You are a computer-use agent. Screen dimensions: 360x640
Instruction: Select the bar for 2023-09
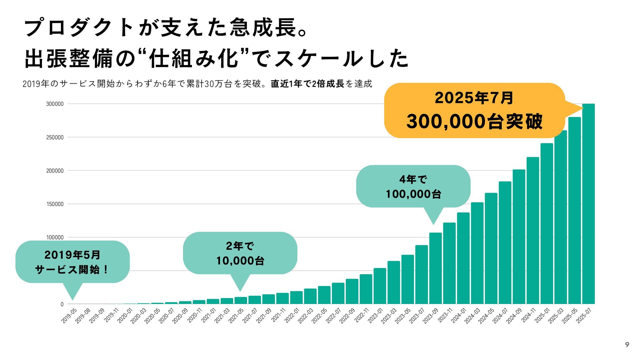pyautogui.click(x=435, y=268)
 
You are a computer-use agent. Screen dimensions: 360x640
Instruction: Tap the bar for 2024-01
pyautogui.click(x=463, y=258)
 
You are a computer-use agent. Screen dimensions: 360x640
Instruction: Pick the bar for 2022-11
pyautogui.click(x=366, y=289)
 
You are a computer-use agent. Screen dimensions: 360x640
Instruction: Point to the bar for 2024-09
pyautogui.click(x=519, y=237)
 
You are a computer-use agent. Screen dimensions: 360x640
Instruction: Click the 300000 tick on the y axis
pyautogui.click(x=55, y=104)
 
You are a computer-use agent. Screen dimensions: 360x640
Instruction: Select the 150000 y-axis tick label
pyautogui.click(x=55, y=204)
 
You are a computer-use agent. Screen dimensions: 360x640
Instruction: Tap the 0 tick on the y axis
pyautogui.click(x=62, y=304)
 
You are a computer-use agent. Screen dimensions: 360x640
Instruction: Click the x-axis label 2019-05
pyautogui.click(x=69, y=315)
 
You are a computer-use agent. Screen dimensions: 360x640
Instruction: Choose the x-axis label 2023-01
pyautogui.click(x=376, y=315)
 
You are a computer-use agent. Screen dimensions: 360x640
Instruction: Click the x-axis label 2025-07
pyautogui.click(x=584, y=315)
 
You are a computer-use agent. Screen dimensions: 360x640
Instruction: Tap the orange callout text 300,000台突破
pyautogui.click(x=474, y=121)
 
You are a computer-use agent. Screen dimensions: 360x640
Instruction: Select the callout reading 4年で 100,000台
pyautogui.click(x=413, y=187)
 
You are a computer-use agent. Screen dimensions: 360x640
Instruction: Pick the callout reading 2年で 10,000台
pyautogui.click(x=240, y=253)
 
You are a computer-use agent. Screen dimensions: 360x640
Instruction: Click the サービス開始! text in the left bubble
pyautogui.click(x=72, y=269)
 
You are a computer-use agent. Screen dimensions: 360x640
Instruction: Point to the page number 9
pyautogui.click(x=627, y=345)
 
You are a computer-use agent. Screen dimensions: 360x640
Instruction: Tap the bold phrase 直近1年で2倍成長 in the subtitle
pyautogui.click(x=307, y=84)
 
